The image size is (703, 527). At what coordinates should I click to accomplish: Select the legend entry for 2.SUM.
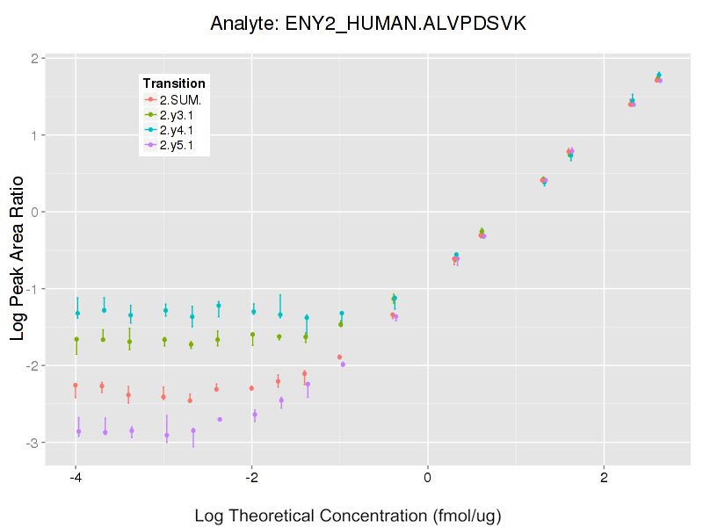pos(181,99)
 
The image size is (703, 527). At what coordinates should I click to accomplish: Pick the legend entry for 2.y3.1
pos(179,114)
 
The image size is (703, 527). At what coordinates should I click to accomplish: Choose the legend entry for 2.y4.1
pos(179,129)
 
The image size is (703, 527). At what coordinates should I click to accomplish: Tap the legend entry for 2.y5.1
pos(179,144)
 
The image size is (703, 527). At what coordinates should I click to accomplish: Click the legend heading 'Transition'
pos(174,83)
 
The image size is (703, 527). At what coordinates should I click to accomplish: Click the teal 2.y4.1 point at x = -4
pos(77,314)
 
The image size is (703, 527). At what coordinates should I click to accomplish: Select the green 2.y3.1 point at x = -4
pos(76,339)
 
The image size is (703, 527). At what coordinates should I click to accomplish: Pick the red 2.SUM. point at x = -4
pos(76,385)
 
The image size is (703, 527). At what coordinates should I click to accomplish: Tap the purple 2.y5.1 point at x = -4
pos(78,431)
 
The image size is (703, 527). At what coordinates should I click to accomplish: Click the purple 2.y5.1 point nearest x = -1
pos(343,364)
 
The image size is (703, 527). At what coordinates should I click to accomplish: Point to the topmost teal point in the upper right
pos(659,75)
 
